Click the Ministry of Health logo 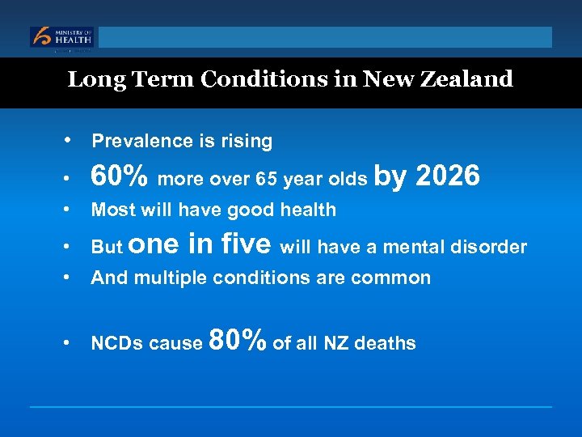[x=62, y=37]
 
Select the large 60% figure [x=120, y=176]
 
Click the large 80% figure [x=238, y=340]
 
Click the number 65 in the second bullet [x=267, y=179]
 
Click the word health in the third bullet [x=307, y=210]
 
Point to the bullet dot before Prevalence [x=73, y=139]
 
